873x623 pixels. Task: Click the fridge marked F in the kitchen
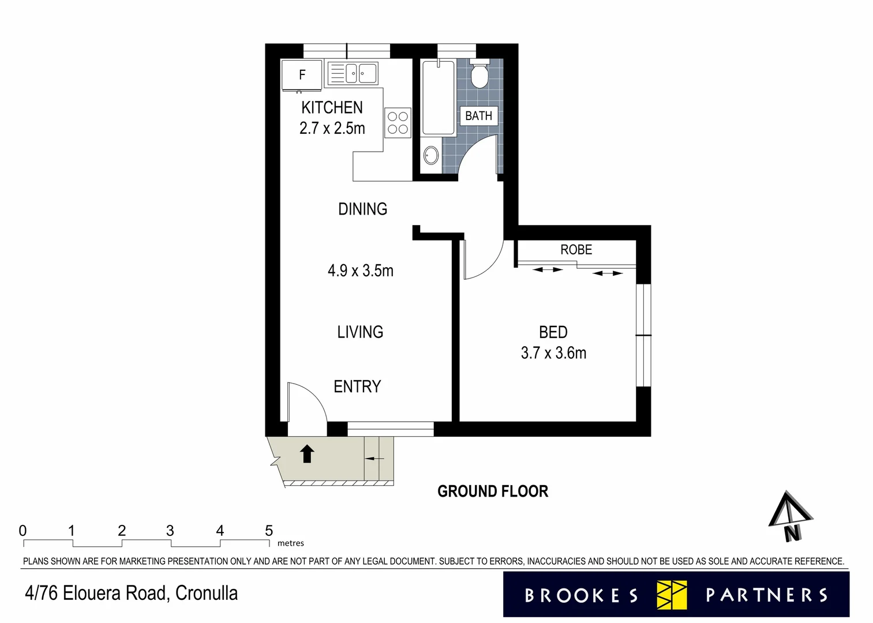pyautogui.click(x=302, y=75)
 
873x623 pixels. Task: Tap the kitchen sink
pyautogui.click(x=353, y=74)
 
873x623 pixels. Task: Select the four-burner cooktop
pyautogui.click(x=398, y=123)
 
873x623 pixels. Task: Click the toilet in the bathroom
pyautogui.click(x=479, y=73)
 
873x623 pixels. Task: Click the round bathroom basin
pyautogui.click(x=430, y=155)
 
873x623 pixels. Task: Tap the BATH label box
pyautogui.click(x=478, y=116)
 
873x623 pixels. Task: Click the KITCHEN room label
pyautogui.click(x=332, y=107)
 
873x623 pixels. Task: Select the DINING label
pyautogui.click(x=362, y=209)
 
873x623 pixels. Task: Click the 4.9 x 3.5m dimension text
pyautogui.click(x=361, y=271)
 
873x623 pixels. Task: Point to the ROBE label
pyautogui.click(x=576, y=250)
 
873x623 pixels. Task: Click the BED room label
pyautogui.click(x=553, y=332)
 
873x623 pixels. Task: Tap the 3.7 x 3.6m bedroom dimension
pyautogui.click(x=553, y=353)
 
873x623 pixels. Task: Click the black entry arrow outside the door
pyautogui.click(x=307, y=454)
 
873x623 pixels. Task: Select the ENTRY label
pyautogui.click(x=357, y=386)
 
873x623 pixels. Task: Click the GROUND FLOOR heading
pyautogui.click(x=493, y=491)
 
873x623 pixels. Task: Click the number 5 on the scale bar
pyautogui.click(x=269, y=531)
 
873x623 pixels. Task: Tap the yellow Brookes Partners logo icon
pyautogui.click(x=672, y=595)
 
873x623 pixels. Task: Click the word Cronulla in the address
pyautogui.click(x=206, y=593)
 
